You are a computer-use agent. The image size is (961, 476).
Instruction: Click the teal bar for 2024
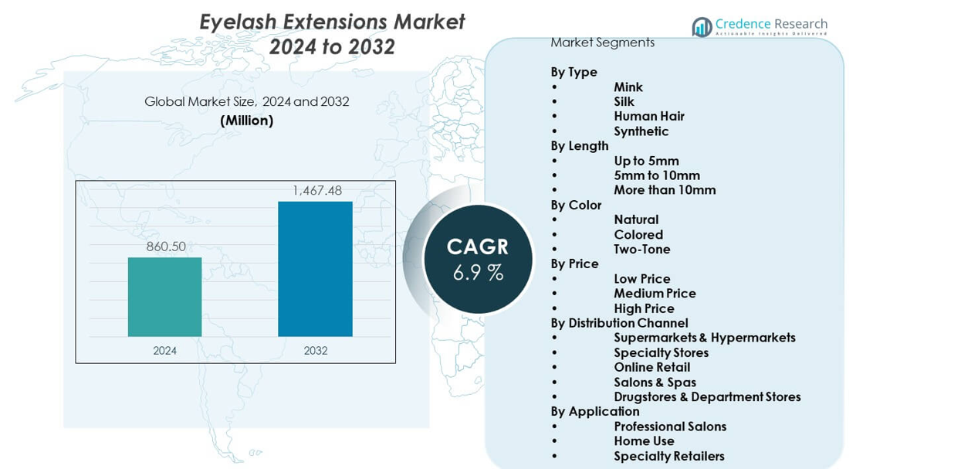click(164, 297)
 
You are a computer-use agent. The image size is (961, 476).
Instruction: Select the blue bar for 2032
click(315, 269)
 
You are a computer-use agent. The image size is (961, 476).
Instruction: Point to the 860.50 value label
click(166, 246)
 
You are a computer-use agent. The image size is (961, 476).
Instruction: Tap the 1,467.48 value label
click(316, 190)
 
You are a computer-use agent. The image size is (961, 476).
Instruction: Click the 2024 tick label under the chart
click(164, 351)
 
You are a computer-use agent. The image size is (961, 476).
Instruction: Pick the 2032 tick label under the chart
click(315, 351)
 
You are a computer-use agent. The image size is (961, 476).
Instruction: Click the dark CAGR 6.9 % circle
click(478, 259)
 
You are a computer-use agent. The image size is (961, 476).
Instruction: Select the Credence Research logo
click(760, 26)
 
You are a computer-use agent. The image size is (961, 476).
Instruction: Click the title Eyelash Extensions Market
click(332, 22)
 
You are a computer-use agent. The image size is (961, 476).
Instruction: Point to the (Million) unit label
click(246, 121)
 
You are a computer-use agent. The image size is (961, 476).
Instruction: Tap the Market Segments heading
click(602, 42)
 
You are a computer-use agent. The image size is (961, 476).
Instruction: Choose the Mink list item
click(628, 87)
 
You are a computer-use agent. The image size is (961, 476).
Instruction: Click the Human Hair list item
click(649, 117)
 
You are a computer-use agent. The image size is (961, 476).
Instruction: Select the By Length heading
click(580, 146)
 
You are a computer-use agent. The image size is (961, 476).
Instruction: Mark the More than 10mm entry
click(665, 190)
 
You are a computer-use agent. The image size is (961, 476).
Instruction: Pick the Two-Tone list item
click(642, 249)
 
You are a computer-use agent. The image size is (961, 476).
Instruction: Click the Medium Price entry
click(655, 294)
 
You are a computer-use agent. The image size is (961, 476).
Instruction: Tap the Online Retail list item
click(652, 367)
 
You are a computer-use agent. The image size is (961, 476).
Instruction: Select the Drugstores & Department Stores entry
click(707, 397)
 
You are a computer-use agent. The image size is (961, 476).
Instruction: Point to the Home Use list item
click(644, 441)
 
